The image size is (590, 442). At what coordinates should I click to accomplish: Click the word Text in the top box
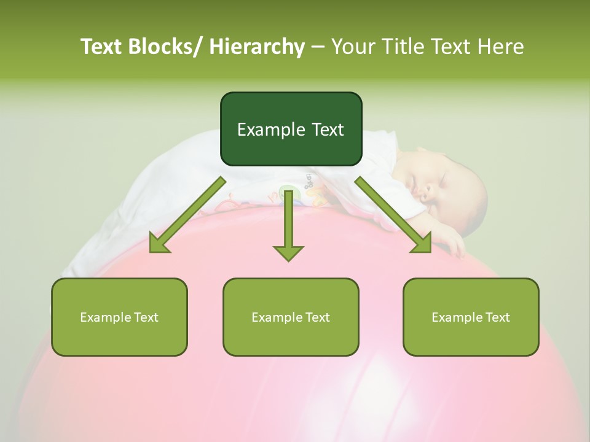point(326,130)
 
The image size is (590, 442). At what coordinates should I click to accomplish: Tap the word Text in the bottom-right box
point(497,317)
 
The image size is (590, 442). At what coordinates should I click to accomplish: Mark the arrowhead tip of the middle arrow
point(288,260)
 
